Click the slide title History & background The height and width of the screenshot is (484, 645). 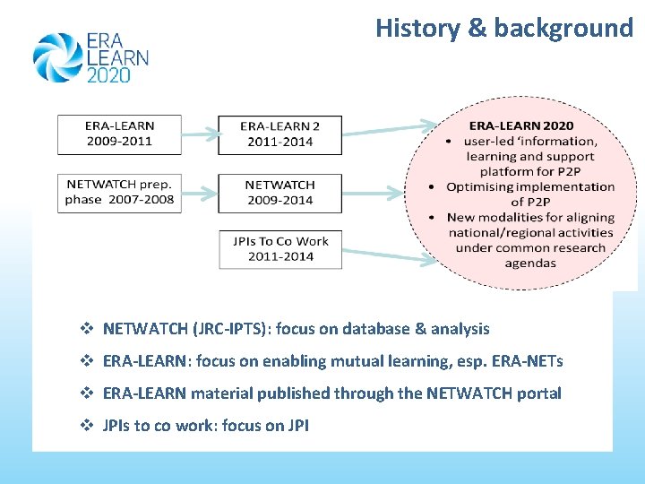pyautogui.click(x=504, y=28)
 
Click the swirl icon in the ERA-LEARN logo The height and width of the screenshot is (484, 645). pyautogui.click(x=56, y=57)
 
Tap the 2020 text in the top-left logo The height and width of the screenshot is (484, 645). pyautogui.click(x=108, y=75)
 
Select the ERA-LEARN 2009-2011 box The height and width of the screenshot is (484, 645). pyautogui.click(x=119, y=134)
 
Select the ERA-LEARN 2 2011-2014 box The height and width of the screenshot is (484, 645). pyautogui.click(x=279, y=134)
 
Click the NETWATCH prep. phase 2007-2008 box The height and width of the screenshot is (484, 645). pyautogui.click(x=119, y=192)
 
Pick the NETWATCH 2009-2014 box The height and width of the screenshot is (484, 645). pyautogui.click(x=279, y=192)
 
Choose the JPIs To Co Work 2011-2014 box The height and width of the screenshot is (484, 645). pyautogui.click(x=279, y=248)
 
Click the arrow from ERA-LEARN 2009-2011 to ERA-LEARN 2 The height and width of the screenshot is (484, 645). pyautogui.click(x=200, y=134)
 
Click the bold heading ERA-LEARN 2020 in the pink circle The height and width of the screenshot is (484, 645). pyautogui.click(x=521, y=125)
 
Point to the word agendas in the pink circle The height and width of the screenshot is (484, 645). pyautogui.click(x=530, y=264)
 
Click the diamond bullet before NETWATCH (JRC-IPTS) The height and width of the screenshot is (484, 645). pyautogui.click(x=87, y=329)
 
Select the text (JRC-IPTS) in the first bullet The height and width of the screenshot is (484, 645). pyautogui.click(x=230, y=329)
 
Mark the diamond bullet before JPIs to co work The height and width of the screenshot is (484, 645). pyautogui.click(x=87, y=426)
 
